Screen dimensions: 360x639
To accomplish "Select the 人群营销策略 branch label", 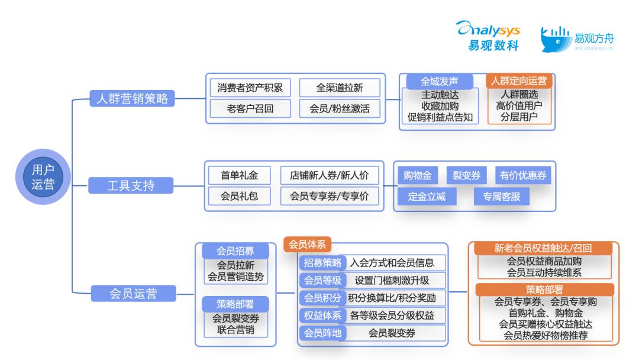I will pos(132,99).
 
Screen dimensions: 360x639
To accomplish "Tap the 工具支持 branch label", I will pos(132,186).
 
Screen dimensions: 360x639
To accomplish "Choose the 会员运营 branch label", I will pos(132,292).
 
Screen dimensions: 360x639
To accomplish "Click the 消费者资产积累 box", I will pos(250,88).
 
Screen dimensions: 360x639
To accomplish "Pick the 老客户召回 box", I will pos(250,108).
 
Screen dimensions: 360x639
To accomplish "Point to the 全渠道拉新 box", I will pos(339,88).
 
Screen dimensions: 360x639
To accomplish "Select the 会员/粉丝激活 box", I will pos(339,108).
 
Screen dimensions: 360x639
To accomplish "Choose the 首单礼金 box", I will pos(239,175).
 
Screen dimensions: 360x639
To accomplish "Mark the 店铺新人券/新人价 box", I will pos(329,175).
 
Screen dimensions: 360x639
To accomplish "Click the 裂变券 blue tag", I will pos(466,175).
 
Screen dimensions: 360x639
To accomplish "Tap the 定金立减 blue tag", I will pos(427,197).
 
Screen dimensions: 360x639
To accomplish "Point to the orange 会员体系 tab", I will pos(307,243).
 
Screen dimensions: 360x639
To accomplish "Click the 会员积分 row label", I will pos(322,297).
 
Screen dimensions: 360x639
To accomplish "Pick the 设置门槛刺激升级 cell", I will pos(392,280).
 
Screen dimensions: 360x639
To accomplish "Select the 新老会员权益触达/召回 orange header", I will pos(543,248).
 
